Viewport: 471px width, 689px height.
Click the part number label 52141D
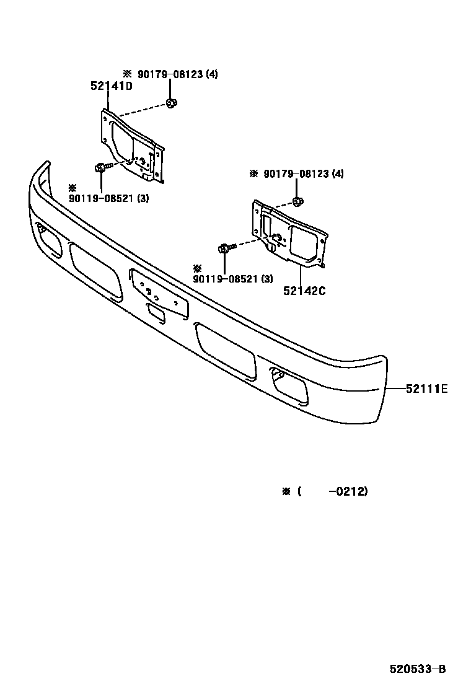112,87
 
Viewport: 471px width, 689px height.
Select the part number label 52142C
304,291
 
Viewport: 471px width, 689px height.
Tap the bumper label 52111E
426,389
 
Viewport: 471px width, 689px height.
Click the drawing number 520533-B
417,669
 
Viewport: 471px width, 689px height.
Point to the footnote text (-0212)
333,491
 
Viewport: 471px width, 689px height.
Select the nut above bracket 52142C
297,201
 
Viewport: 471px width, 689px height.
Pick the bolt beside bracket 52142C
226,248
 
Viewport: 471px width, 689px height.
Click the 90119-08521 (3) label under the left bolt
108,198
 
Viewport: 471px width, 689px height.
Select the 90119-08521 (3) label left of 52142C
232,279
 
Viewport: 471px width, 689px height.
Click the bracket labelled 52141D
131,146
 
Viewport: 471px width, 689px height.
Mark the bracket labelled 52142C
288,234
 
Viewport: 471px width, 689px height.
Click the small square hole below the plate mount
156,314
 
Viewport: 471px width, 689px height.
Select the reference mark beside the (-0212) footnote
286,491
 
